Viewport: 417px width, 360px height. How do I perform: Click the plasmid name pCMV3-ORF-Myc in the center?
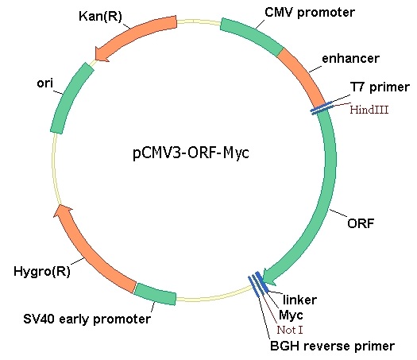point(191,153)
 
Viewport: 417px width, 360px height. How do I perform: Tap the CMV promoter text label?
point(310,13)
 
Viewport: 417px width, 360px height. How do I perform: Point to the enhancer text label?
point(350,59)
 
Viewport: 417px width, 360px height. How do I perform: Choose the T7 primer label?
point(380,87)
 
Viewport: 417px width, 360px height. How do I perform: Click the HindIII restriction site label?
point(369,110)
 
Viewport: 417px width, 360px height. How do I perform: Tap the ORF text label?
point(361,223)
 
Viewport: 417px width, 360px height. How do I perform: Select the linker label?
point(299,300)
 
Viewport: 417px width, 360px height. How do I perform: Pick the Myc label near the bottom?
point(291,315)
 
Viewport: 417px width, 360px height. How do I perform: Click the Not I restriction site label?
point(290,330)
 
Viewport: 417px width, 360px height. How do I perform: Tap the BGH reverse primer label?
point(332,346)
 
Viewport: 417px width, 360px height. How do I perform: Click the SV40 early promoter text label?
point(87,319)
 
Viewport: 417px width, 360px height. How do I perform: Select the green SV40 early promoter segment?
point(155,294)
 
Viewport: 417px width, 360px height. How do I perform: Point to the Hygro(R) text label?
point(42,272)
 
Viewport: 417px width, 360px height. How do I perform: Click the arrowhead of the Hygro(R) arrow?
point(63,211)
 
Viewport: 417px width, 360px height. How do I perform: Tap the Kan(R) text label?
point(100,16)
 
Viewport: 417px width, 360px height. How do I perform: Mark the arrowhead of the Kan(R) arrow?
point(102,54)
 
